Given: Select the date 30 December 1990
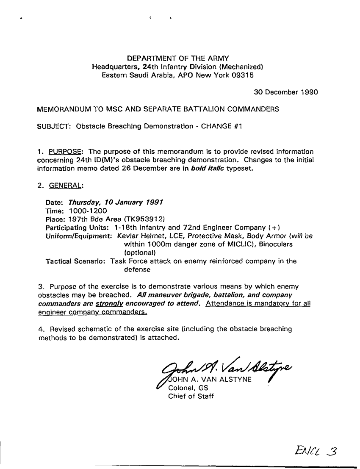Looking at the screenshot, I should click(x=286, y=92).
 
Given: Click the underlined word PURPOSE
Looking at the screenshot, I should click(x=66, y=152).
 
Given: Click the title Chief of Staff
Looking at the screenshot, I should click(x=191, y=396).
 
